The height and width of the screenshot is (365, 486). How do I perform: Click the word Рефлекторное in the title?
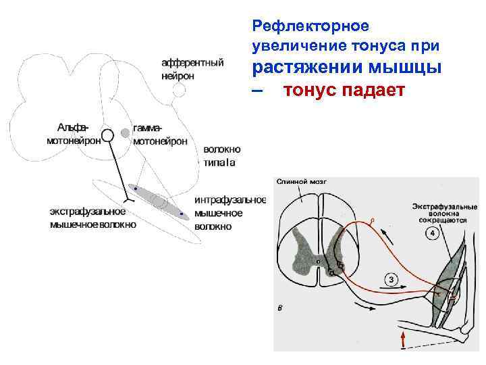click(x=310, y=26)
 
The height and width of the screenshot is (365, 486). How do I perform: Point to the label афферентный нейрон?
click(x=192, y=69)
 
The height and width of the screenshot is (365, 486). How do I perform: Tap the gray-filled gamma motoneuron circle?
click(x=125, y=133)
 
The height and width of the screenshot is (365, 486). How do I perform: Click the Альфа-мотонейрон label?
click(x=74, y=135)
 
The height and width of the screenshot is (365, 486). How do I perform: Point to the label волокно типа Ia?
click(x=222, y=155)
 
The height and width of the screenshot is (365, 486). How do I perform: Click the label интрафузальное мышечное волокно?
click(x=230, y=213)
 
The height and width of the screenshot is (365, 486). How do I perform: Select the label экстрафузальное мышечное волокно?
click(x=92, y=218)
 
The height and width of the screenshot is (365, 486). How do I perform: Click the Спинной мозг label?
click(x=301, y=182)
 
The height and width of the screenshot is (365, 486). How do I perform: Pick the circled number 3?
click(x=391, y=280)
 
